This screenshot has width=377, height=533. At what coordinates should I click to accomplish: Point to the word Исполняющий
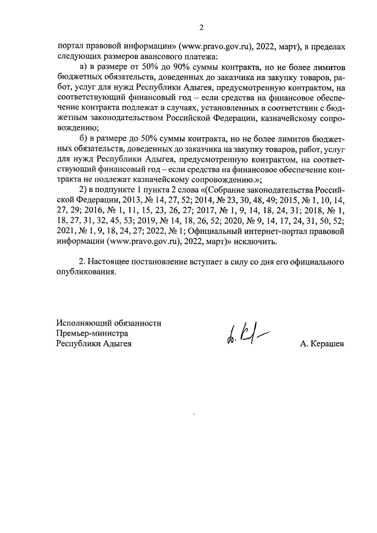pos(82,323)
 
